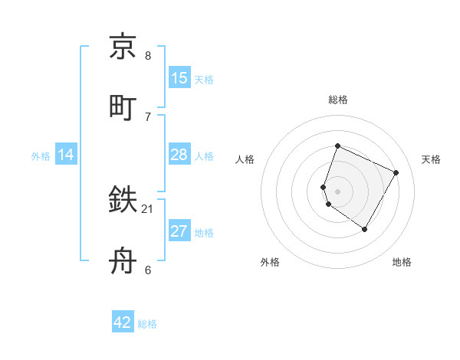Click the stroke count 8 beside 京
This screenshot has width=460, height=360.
148,56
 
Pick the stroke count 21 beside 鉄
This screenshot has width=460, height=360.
148,208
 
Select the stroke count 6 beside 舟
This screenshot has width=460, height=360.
148,270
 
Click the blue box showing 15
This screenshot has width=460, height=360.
179,78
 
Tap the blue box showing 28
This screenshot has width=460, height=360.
179,155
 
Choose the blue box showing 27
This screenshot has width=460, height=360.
179,231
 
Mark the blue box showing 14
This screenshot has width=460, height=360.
66,155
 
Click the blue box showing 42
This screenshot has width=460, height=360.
123,322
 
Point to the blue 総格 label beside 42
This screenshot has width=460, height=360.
147,324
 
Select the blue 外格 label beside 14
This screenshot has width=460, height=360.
41,156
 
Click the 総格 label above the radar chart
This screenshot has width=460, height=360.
338,100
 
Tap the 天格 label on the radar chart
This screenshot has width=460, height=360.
432,159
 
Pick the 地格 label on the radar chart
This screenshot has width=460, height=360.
402,263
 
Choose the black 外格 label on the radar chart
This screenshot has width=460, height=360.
270,263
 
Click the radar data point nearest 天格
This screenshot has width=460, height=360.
396,172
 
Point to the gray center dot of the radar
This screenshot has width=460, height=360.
337,191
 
